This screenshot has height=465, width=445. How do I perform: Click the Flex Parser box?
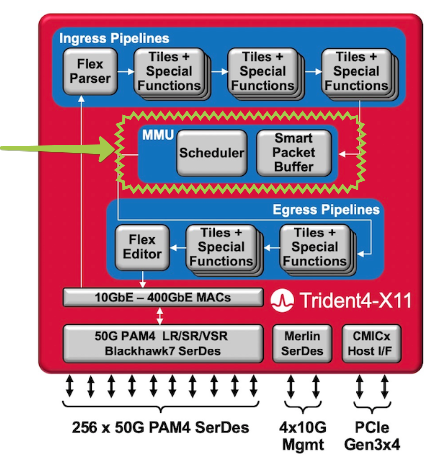pyautogui.click(x=90, y=71)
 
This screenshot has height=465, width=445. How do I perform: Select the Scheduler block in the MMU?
pyautogui.click(x=211, y=153)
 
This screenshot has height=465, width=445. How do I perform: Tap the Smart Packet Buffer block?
pyautogui.click(x=293, y=152)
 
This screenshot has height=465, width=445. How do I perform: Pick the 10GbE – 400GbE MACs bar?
pyautogui.click(x=163, y=298)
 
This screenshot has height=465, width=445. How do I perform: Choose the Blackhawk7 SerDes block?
pyautogui.click(x=163, y=343)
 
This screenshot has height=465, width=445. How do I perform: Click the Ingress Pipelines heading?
pyautogui.click(x=114, y=38)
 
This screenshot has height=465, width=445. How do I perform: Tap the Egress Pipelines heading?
pyautogui.click(x=326, y=209)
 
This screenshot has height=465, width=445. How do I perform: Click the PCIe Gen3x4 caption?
pyautogui.click(x=372, y=435)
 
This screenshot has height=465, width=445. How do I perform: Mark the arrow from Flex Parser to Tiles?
pyautogui.click(x=125, y=71)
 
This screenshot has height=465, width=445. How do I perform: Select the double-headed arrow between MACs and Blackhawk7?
pyautogui.click(x=160, y=315)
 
